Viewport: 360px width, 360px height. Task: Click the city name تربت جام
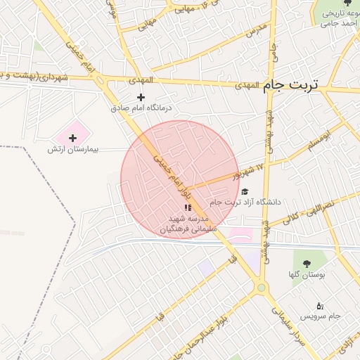coord(291,85)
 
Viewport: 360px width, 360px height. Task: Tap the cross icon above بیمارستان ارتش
coord(72,138)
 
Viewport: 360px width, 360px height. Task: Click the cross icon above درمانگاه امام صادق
coord(141,97)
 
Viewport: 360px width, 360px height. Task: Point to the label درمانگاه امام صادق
coord(141,109)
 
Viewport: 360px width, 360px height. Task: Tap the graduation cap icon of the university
coord(245,191)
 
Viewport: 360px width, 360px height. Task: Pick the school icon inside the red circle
coord(187,207)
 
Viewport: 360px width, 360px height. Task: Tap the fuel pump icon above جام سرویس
coord(320,305)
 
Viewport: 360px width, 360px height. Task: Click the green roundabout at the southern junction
coord(262,287)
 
